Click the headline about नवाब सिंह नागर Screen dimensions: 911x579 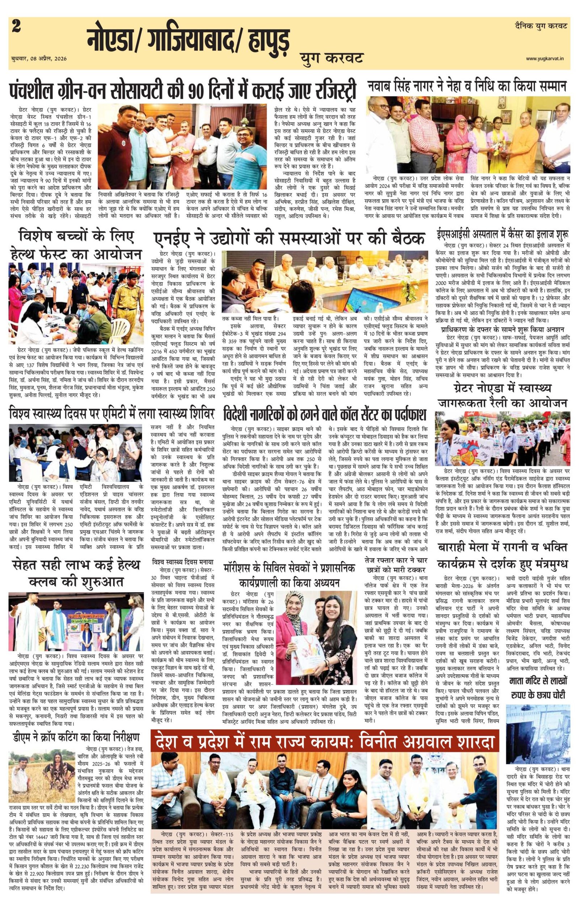coord(468,86)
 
